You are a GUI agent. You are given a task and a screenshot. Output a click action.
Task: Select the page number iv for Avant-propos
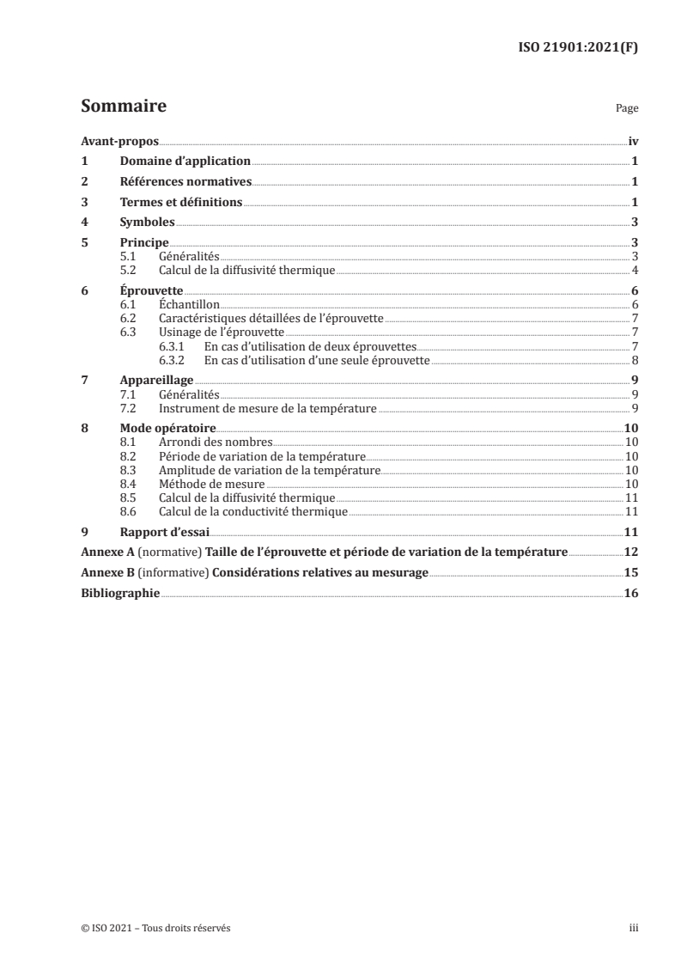coord(633,141)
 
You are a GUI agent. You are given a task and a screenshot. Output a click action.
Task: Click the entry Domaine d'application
coord(185,162)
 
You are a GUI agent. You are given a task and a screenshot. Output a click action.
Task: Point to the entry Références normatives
coord(185,182)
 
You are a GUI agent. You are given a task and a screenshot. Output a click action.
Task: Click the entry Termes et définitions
coord(180,203)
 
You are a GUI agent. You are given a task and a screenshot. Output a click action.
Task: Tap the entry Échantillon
coord(190,304)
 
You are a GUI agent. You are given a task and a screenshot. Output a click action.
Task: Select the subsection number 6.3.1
coord(173,346)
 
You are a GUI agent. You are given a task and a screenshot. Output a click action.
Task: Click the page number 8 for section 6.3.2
coord(634,360)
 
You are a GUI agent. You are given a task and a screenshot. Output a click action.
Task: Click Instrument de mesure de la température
coord(267,408)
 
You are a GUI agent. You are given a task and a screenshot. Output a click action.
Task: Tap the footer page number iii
coord(633,928)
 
